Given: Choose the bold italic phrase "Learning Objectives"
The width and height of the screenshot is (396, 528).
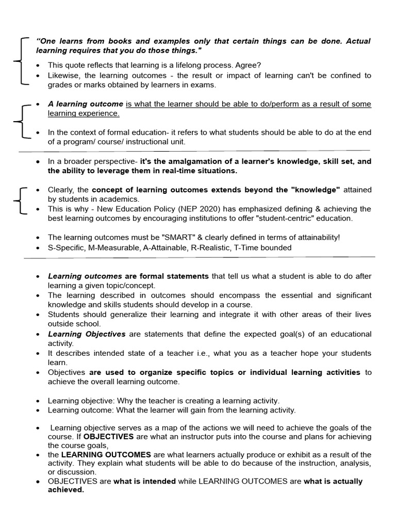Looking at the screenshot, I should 87,334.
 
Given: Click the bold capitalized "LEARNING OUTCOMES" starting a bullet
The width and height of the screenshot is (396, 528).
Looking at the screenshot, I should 106,455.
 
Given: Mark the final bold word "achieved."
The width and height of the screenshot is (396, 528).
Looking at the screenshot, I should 65,490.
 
